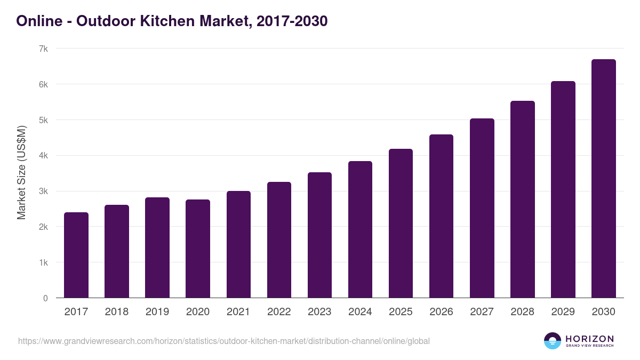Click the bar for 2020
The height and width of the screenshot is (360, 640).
coord(198,249)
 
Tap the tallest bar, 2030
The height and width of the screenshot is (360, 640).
coord(603,179)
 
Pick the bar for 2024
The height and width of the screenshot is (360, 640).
coord(360,229)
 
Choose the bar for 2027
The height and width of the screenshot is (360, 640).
coord(482,208)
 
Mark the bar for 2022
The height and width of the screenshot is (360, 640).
coord(279,240)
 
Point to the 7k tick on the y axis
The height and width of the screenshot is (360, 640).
coord(43,49)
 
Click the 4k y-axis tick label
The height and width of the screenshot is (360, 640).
coord(43,156)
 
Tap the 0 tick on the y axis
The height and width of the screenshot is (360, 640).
coord(45,298)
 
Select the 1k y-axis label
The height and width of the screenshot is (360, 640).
coord(43,262)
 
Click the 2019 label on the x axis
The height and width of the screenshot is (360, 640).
coord(157,312)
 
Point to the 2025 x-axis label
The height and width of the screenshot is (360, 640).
coord(401,312)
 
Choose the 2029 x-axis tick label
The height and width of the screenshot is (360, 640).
coord(563,312)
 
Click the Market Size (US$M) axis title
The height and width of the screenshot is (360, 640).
coord(21,173)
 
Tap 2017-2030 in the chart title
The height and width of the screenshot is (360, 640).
coord(292,21)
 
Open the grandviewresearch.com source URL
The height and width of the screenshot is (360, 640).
coord(223,341)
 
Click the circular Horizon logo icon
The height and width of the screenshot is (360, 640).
coord(553,341)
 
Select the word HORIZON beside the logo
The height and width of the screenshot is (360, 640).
coord(589,338)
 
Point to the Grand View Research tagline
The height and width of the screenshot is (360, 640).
coord(589,346)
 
